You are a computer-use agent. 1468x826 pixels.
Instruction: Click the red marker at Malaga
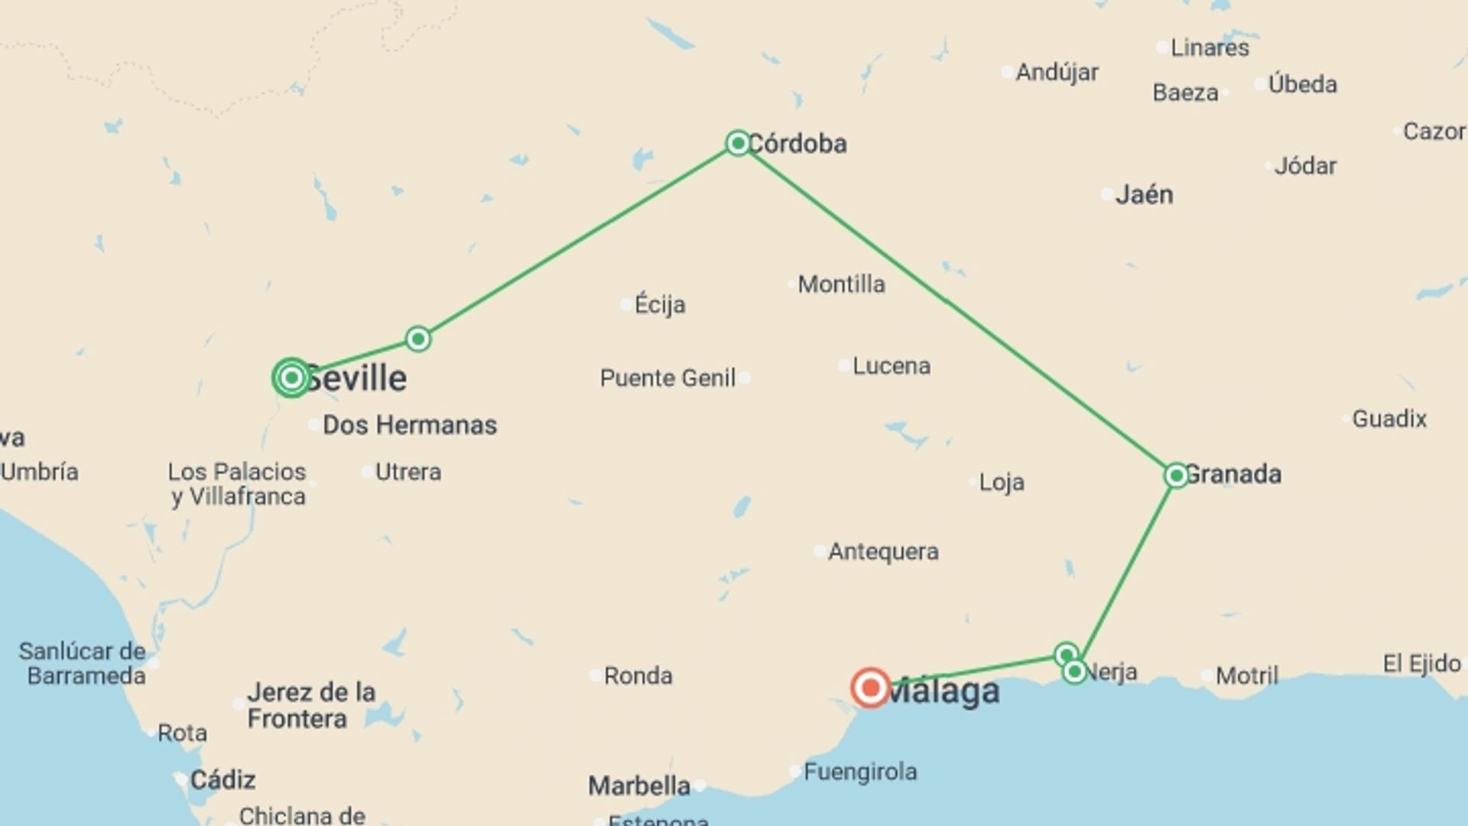coord(870,688)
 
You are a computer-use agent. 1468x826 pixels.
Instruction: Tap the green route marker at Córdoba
coord(738,143)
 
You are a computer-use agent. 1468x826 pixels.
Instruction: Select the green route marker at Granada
coord(1176,475)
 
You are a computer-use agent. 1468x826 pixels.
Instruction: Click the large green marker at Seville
coord(291,377)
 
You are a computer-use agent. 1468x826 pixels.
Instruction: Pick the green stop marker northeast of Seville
coord(417,338)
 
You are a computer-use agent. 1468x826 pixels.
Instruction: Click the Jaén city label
coord(1144,194)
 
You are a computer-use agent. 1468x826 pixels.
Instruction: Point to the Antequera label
coord(883,551)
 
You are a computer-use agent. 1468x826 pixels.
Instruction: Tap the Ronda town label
coord(638,675)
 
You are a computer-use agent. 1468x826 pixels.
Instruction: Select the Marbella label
coord(639,785)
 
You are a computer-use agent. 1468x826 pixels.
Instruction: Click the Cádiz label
coord(222,780)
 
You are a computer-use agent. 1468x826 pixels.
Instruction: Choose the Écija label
coord(660,304)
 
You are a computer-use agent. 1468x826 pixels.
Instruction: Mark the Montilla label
coord(841,285)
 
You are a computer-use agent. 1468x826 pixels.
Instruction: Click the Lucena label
coord(892,366)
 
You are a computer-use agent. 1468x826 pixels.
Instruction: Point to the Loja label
coord(1002,482)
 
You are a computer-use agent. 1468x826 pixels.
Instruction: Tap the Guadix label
coord(1389,419)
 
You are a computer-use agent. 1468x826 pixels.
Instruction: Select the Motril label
coord(1246,675)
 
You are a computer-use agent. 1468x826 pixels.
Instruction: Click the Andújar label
coord(1057,73)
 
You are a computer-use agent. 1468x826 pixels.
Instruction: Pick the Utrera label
coord(408,472)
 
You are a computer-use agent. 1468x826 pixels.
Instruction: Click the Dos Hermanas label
coord(410,425)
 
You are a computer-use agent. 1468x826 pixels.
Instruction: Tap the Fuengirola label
coord(860,772)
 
